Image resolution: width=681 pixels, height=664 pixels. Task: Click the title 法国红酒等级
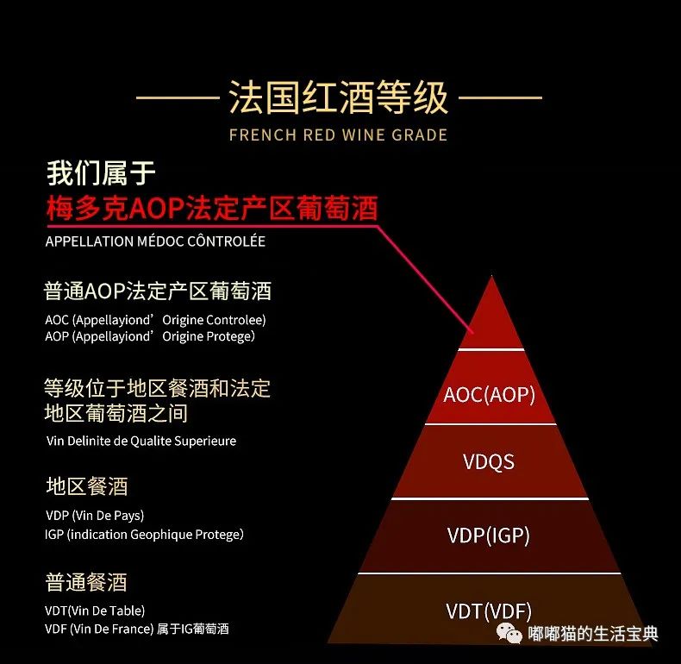tap(339, 97)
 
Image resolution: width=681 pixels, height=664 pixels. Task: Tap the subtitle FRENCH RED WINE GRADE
tap(339, 135)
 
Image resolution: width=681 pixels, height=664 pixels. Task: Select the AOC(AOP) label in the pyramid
tap(490, 395)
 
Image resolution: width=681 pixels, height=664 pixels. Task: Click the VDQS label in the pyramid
tap(489, 461)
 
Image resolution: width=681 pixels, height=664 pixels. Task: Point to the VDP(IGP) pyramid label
tap(489, 536)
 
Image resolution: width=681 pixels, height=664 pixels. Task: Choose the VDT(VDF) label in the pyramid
tap(489, 611)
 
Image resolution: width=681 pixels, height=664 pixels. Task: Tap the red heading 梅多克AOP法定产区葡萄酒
tap(211, 210)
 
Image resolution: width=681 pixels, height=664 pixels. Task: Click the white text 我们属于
tap(101, 173)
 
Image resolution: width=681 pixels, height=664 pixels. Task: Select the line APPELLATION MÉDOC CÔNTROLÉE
tap(155, 241)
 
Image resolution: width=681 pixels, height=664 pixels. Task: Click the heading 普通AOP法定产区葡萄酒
tap(158, 291)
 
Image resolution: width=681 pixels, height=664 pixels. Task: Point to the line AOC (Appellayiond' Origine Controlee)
tap(155, 320)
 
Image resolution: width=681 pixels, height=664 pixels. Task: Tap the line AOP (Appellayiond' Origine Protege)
tap(150, 336)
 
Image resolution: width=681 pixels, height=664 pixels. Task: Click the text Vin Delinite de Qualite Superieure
tap(141, 441)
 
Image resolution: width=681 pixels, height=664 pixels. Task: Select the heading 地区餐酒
tap(86, 486)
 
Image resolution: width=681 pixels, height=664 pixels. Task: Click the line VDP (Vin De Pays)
tap(95, 516)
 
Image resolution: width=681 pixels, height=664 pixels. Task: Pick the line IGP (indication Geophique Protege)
tap(144, 535)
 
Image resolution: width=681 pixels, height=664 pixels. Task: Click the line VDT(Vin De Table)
tap(95, 611)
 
